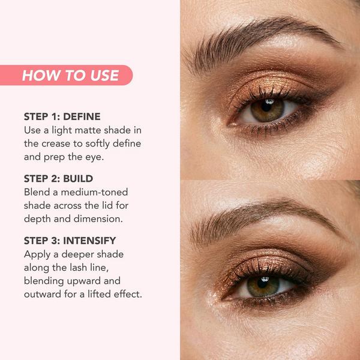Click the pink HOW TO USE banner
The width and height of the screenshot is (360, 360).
click(70, 75)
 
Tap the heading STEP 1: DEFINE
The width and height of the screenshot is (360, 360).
click(62, 116)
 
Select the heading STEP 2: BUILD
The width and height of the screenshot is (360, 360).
click(58, 179)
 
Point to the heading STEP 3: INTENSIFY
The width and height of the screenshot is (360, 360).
click(70, 241)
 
